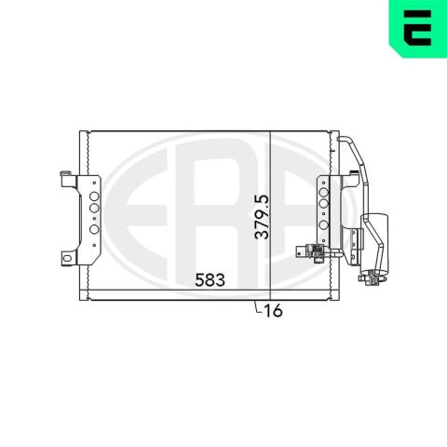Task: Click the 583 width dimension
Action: click(210, 280)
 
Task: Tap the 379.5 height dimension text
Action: click(261, 217)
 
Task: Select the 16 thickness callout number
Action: click(274, 310)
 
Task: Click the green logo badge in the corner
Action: click(418, 29)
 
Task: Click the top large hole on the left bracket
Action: click(94, 196)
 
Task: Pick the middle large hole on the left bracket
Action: click(94, 208)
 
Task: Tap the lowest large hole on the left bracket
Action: click(94, 229)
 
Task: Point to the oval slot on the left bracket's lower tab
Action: click(66, 258)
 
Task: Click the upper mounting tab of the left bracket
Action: click(68, 179)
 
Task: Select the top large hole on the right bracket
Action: click(323, 192)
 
